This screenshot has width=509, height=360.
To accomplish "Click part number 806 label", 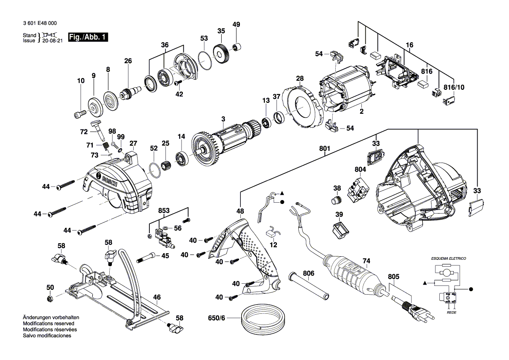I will point(308,273).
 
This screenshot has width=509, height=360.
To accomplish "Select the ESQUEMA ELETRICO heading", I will point(448,258).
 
